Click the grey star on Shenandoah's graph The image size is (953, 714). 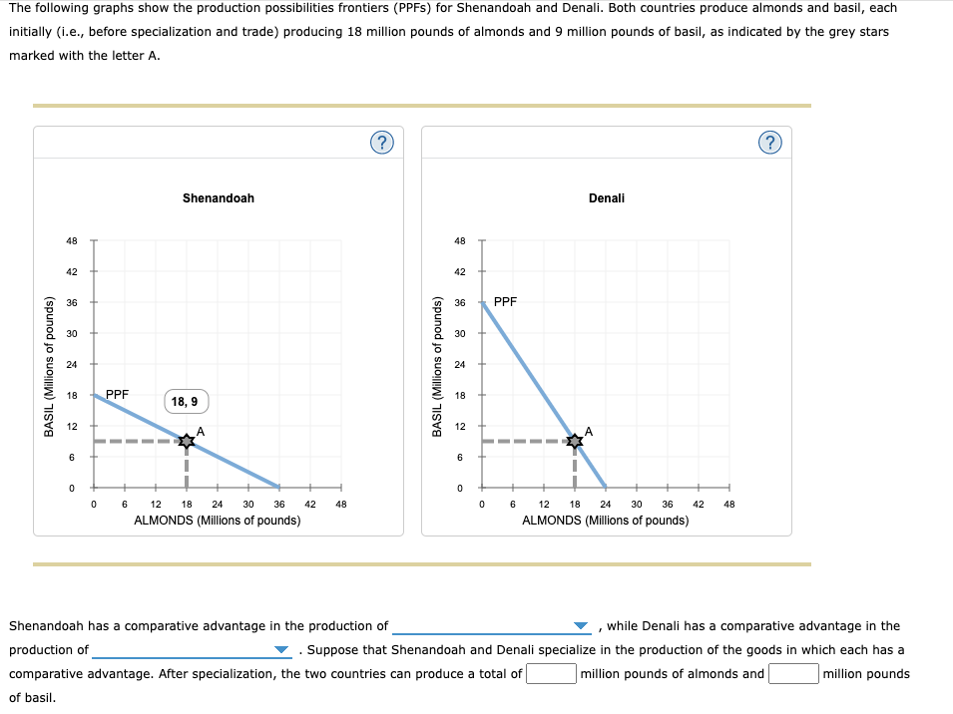187,441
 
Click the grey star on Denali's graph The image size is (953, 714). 575,441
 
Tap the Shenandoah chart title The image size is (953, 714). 219,198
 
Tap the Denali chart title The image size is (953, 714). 607,198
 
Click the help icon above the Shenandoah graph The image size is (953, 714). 381,143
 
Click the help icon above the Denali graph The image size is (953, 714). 769,143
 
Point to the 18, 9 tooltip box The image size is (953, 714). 186,402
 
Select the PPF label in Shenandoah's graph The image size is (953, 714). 118,395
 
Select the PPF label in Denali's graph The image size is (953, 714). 506,301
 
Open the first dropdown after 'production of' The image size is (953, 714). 491,626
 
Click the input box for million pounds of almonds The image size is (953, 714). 551,673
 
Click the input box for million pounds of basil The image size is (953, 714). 793,673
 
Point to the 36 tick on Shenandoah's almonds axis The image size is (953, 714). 279,505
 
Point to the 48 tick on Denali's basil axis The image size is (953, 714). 460,240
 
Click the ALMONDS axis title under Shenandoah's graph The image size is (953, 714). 218,521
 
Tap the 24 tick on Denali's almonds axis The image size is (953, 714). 606,505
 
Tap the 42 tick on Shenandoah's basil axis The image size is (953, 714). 72,271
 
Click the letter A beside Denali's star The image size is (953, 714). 589,431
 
